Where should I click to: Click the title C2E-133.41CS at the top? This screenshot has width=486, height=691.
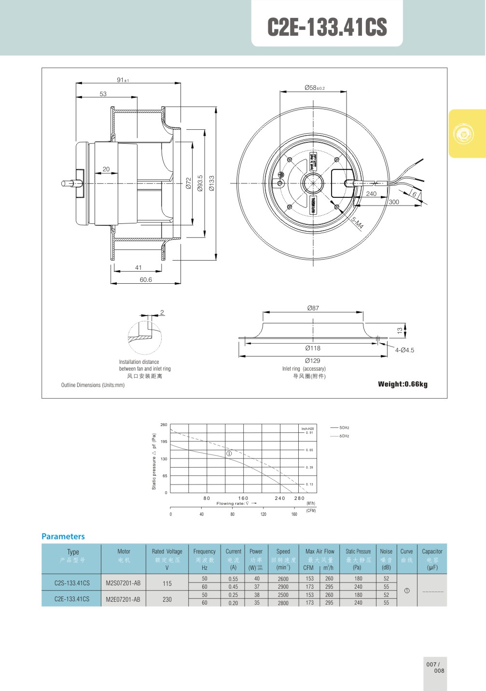click(x=327, y=28)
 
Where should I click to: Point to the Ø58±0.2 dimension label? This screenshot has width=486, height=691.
click(x=314, y=88)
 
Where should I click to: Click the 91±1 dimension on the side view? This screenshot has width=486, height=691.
click(x=123, y=80)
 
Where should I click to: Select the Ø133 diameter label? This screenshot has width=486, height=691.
click(x=211, y=183)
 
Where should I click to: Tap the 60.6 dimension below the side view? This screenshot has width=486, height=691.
click(x=146, y=280)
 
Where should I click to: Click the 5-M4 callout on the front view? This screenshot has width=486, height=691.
click(x=357, y=223)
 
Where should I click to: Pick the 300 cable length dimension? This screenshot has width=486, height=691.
click(x=394, y=202)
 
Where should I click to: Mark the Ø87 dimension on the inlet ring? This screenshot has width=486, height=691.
click(x=313, y=308)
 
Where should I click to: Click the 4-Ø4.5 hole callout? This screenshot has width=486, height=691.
click(x=404, y=350)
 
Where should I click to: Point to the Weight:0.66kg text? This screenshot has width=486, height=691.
click(x=403, y=384)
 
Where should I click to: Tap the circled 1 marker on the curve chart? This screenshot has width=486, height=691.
click(x=229, y=454)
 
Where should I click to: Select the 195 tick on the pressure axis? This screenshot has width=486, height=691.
click(x=164, y=442)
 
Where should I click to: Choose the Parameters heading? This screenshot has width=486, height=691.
click(x=63, y=537)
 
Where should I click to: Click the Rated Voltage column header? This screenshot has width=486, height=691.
click(x=167, y=552)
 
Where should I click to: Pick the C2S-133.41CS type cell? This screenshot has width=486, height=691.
click(x=72, y=583)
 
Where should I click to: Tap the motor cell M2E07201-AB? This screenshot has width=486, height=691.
click(x=123, y=599)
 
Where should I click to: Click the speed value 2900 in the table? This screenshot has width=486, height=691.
click(x=283, y=587)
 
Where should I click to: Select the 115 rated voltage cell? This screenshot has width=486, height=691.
click(x=167, y=583)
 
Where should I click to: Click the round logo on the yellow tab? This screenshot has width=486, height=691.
click(x=464, y=134)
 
